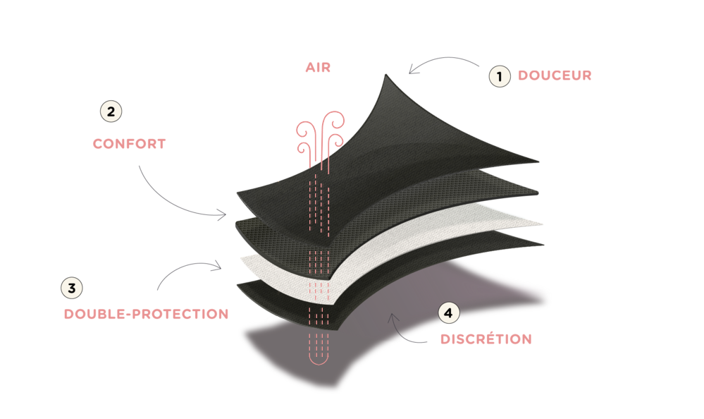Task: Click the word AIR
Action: coord(318,68)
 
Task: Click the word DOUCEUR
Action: coord(555,75)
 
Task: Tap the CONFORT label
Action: coord(129,144)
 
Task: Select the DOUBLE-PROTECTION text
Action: coord(147,314)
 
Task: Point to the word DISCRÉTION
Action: coord(486,339)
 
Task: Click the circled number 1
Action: coord(499,76)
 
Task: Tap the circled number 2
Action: coord(111,111)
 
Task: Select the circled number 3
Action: coord(72,289)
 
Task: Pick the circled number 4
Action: coord(448,313)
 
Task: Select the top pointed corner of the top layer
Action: coord(385,75)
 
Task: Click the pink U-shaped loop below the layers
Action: coord(319,358)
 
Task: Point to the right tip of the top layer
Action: coord(538,162)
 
